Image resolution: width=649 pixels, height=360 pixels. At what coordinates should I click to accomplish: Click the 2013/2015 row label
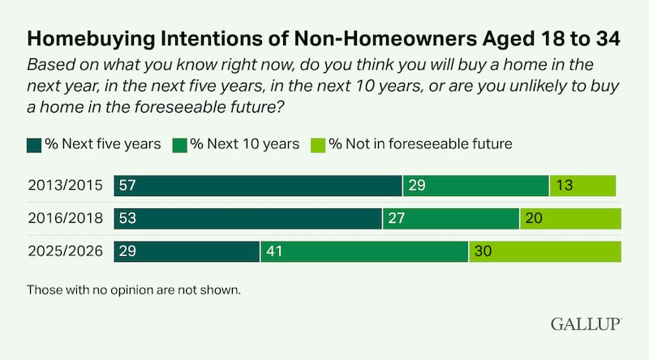click(x=64, y=185)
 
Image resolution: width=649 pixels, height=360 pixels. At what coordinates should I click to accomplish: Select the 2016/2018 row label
click(x=64, y=218)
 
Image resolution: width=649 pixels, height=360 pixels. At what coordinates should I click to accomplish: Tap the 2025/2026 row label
click(x=64, y=251)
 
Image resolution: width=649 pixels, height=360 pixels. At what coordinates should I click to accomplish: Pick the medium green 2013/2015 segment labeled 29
click(x=476, y=185)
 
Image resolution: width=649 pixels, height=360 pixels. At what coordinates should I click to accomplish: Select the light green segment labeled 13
click(x=582, y=185)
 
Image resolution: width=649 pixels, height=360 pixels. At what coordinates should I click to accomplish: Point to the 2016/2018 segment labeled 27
click(x=451, y=218)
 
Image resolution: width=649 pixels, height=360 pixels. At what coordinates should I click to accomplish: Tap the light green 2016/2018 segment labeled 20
click(x=570, y=218)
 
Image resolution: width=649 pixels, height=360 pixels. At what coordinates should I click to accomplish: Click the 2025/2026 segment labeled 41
click(x=364, y=251)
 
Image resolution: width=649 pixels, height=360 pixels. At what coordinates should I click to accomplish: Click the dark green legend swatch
click(x=34, y=144)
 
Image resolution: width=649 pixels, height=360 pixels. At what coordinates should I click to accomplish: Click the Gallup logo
click(x=586, y=324)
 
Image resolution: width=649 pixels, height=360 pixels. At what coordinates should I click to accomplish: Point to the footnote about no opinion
click(x=134, y=289)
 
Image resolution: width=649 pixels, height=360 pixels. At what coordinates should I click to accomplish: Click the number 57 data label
click(x=127, y=185)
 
